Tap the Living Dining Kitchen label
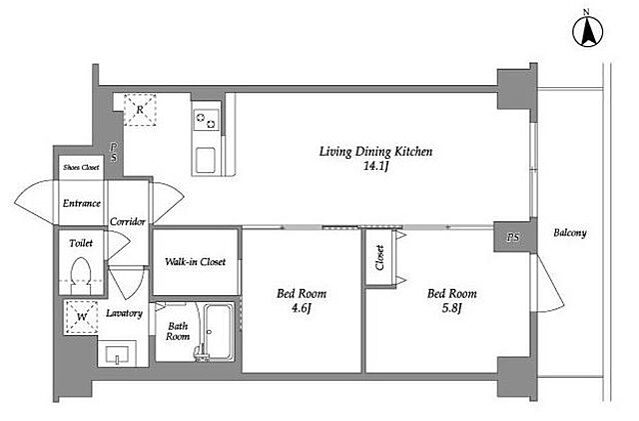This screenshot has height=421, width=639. tap(375, 151)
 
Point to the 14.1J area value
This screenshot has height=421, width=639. tap(375, 166)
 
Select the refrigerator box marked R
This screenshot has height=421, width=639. tap(140, 109)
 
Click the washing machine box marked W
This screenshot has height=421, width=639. tap(82, 317)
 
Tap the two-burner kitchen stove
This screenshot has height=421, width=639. tap(207, 119)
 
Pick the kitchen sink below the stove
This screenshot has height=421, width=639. tap(206, 160)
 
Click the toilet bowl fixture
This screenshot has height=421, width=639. tap(81, 275)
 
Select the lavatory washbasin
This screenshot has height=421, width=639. tap(118, 354)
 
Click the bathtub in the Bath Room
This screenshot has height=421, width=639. tap(219, 332)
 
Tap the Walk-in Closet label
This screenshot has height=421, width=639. tap(196, 262)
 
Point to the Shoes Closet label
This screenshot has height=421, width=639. tap(81, 167)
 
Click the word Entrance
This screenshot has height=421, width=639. tap(82, 203)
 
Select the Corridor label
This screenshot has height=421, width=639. tap(128, 222)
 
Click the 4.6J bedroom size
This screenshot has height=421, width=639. tap(302, 308)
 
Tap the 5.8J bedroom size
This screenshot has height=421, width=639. tap(451, 308)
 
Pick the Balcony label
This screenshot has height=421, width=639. tap(570, 233)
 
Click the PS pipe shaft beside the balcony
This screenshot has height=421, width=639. tap(513, 237)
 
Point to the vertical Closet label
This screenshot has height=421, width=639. tap(379, 257)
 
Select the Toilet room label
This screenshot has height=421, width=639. tap(81, 243)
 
